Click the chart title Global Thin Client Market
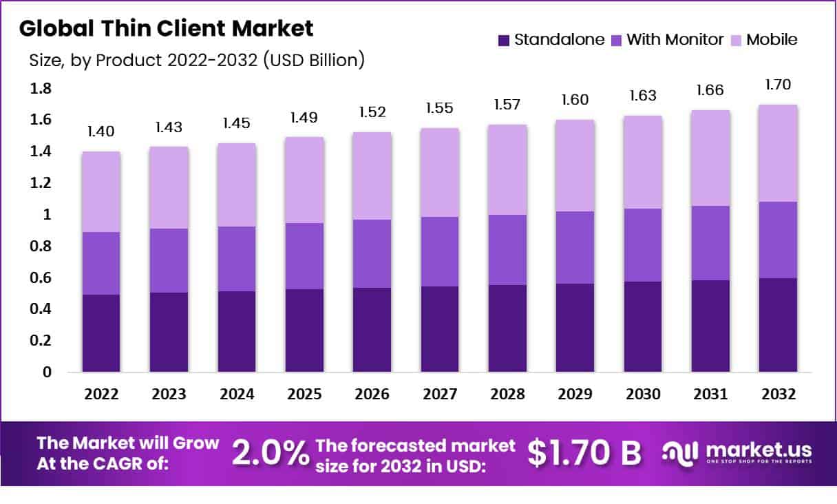coord(166,28)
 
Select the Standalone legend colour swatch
coord(504,40)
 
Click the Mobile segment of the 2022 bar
coord(102,191)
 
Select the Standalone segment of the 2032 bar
coord(778,325)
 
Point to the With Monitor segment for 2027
coord(440,251)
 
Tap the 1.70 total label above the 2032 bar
coord(778,85)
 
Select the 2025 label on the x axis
coord(304,395)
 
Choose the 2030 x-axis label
coord(643,395)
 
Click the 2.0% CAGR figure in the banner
coord(270,452)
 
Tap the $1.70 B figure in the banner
coord(584,452)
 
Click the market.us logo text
coord(757,450)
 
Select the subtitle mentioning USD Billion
coord(196,61)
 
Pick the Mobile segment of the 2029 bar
coord(575,165)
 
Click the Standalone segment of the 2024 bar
coord(237,331)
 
